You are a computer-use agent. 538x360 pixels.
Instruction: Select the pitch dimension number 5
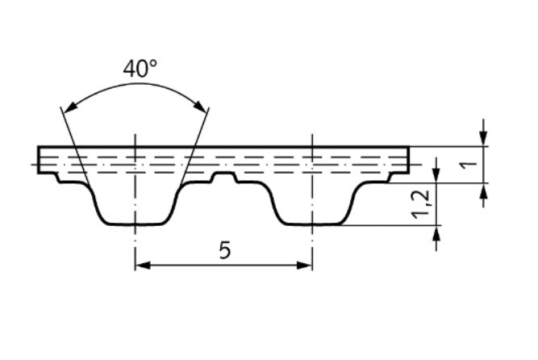[224, 250]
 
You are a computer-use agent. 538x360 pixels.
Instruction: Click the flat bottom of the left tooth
[134, 224]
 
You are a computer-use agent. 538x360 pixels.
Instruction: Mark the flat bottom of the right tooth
[311, 224]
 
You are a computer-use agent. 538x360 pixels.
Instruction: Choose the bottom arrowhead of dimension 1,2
[436, 233]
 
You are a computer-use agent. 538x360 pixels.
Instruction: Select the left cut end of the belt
[39, 157]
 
